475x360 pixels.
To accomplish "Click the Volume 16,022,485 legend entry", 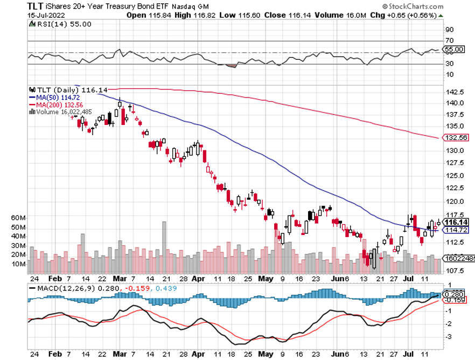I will [x=62, y=112].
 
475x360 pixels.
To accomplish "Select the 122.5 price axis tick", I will [x=453, y=188].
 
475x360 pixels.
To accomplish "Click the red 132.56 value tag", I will [x=456, y=138].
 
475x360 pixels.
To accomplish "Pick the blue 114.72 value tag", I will [x=456, y=230].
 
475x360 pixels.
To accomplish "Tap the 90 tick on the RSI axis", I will [x=450, y=30].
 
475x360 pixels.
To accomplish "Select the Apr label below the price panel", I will [x=198, y=279].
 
